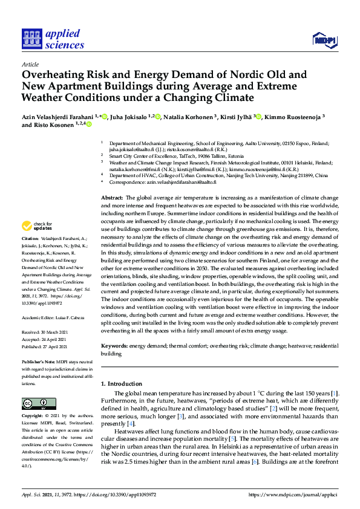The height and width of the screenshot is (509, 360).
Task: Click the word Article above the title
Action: click(30, 64)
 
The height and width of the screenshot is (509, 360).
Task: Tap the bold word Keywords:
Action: click(114, 346)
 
